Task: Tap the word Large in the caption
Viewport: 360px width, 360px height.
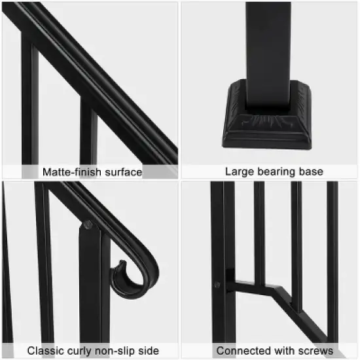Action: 240,172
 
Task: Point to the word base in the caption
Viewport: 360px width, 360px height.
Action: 312,172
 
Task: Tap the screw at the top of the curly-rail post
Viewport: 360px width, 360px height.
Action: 88,225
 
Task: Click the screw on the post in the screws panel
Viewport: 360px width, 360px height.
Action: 217,285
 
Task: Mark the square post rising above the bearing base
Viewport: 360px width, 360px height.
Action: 269,46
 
